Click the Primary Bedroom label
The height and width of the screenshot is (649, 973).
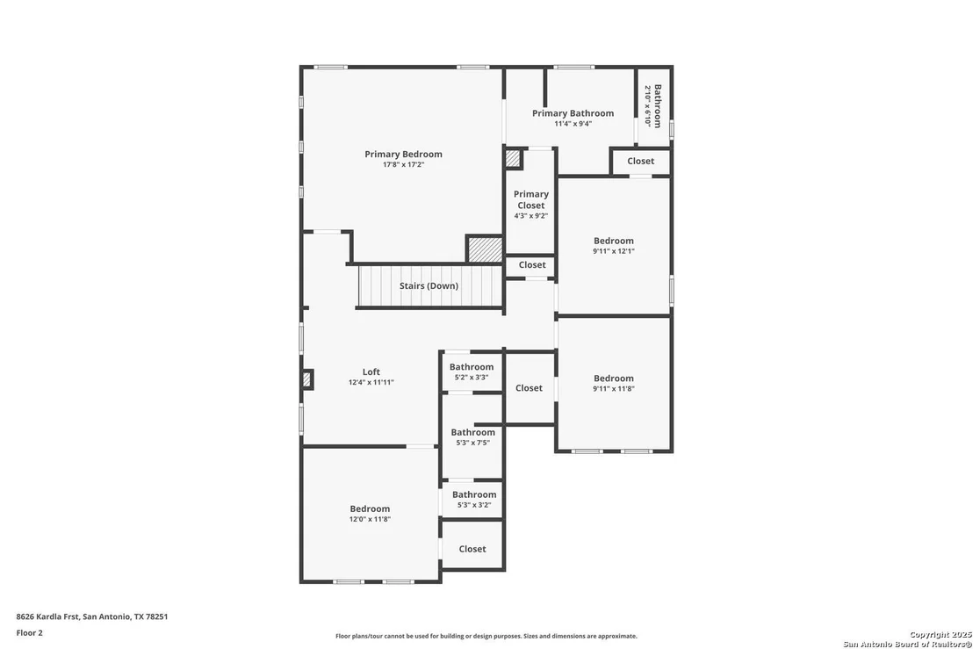(x=403, y=154)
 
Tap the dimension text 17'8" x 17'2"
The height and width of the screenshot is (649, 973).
(x=403, y=164)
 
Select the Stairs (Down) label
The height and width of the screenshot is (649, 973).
(x=429, y=286)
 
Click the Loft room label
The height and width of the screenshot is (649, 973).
(x=371, y=371)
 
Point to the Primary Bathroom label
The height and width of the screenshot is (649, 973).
(x=573, y=113)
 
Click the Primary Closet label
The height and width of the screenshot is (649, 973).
(x=531, y=199)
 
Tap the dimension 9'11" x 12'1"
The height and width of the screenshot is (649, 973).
(x=614, y=251)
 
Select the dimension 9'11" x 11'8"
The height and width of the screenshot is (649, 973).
(x=614, y=389)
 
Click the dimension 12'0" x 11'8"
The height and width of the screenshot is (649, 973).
(x=370, y=519)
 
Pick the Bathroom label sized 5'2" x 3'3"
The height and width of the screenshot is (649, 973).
(x=472, y=367)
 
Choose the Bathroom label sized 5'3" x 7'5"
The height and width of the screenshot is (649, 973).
(x=472, y=432)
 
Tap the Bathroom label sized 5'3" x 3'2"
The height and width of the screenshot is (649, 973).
(x=474, y=494)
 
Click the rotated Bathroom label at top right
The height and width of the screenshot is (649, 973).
(x=658, y=106)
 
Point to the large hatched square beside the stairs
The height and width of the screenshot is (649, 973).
(x=485, y=249)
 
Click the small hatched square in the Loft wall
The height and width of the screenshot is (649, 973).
(x=307, y=379)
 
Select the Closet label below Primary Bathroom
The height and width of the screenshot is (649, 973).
(x=640, y=161)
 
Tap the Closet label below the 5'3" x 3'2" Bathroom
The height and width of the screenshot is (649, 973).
(x=472, y=549)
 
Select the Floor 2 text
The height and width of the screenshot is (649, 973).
(x=29, y=633)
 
